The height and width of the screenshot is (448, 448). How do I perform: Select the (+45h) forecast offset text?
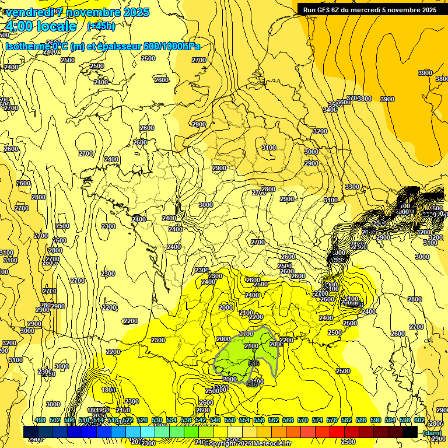101,26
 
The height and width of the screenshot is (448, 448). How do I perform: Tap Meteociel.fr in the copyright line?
271,444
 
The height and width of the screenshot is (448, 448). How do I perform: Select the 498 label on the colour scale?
40,420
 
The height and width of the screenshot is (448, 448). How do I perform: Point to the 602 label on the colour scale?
419,420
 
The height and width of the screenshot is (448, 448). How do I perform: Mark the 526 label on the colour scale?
142,420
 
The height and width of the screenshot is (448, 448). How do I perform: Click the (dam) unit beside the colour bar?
432,433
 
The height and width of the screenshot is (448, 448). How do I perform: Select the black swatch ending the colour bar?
410,432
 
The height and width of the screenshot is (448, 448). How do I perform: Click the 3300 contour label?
352,187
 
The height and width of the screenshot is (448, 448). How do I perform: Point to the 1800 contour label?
108,390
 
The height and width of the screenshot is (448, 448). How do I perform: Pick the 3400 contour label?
330,110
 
